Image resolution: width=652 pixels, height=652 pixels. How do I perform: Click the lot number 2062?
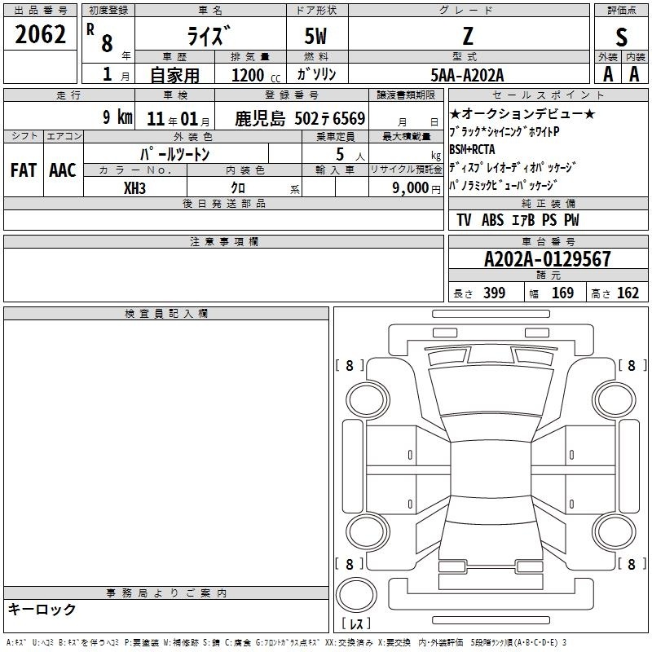(x=40, y=34)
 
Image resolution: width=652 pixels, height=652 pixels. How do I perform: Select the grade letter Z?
(x=468, y=36)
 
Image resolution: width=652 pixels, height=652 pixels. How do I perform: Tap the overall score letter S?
(x=621, y=37)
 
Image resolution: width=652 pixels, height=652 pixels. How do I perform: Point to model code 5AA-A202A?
(x=467, y=75)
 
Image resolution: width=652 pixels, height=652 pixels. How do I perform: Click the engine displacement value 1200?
(x=248, y=75)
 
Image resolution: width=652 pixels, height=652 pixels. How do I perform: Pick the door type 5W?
(x=315, y=36)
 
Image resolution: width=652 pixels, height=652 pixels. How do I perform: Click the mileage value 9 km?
(x=117, y=117)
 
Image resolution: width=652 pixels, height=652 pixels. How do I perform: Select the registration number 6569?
(x=349, y=118)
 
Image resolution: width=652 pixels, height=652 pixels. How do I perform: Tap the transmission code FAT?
(x=24, y=170)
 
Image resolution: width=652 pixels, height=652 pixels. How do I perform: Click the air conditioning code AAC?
(x=63, y=170)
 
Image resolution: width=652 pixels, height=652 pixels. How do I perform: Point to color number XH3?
(x=134, y=188)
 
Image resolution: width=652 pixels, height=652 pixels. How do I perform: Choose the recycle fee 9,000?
(x=411, y=187)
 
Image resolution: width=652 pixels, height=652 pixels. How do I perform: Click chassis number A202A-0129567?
(x=548, y=259)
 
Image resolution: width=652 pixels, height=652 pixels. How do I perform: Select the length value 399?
(x=495, y=293)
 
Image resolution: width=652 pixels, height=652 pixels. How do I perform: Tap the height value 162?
(x=628, y=293)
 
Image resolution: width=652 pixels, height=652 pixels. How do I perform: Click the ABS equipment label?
(x=493, y=220)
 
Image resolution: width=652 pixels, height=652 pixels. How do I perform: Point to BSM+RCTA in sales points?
(x=472, y=149)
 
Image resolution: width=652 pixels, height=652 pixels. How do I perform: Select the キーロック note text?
(x=42, y=609)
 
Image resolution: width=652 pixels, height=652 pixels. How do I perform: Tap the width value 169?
(x=562, y=293)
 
